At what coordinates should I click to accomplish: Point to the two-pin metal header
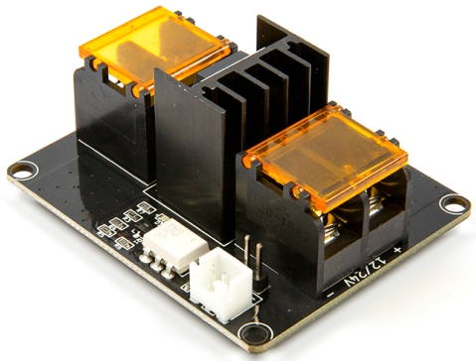pyautogui.click(x=250, y=252)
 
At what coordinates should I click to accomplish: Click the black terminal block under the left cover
pyautogui.click(x=109, y=119)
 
